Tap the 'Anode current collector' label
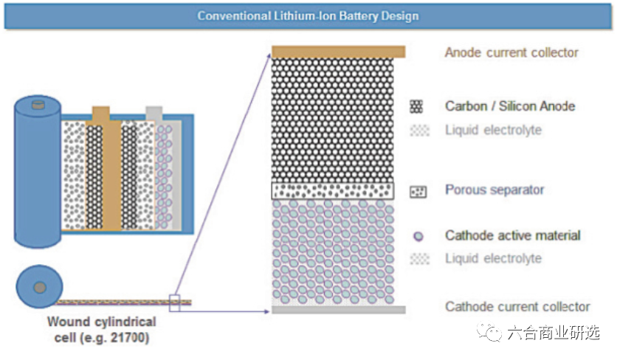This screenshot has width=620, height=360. [x=511, y=52]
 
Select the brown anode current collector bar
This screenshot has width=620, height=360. [x=338, y=52]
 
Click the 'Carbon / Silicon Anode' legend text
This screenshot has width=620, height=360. [x=509, y=106]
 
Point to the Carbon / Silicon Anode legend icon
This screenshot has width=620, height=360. [x=418, y=106]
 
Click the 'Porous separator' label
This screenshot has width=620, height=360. [x=495, y=190]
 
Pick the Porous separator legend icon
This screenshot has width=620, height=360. [x=418, y=191]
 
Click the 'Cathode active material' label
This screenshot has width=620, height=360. [x=512, y=235]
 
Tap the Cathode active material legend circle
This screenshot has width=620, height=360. [x=418, y=237]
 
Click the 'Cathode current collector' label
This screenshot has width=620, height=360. [x=517, y=307]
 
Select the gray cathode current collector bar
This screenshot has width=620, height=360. [x=338, y=310]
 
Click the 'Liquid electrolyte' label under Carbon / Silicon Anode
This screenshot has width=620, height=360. [x=493, y=131]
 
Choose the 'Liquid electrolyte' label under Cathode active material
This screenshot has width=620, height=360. [x=493, y=259]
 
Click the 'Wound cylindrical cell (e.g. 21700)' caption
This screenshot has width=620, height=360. [x=101, y=330]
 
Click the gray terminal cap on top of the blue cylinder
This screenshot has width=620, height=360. [x=37, y=105]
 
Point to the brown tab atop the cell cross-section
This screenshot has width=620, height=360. [x=101, y=114]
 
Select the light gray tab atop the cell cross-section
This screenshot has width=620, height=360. [x=154, y=114]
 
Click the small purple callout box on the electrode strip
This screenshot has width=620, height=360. [x=175, y=302]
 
